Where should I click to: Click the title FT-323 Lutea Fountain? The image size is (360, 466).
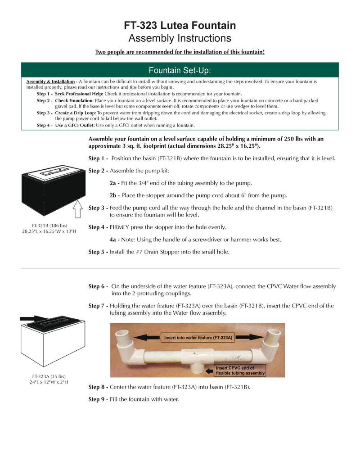click(x=180, y=26)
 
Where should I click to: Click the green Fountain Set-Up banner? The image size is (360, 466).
click(x=180, y=70)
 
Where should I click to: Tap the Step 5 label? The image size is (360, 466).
click(x=98, y=252)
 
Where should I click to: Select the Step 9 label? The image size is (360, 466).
click(x=98, y=399)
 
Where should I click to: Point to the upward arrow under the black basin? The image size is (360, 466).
click(x=77, y=209)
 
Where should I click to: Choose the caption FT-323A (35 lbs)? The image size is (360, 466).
click(x=49, y=376)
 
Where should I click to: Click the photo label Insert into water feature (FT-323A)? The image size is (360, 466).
click(x=198, y=337)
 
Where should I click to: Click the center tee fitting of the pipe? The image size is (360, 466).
click(x=197, y=361)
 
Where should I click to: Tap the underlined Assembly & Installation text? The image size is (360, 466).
click(x=51, y=81)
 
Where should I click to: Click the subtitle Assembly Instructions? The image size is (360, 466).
click(x=180, y=38)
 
